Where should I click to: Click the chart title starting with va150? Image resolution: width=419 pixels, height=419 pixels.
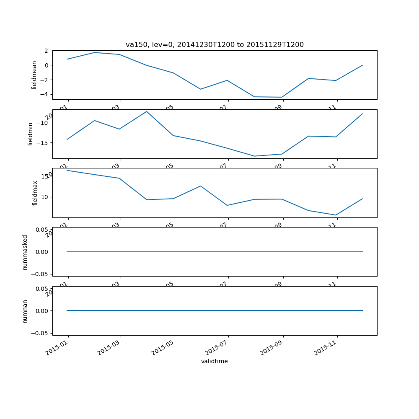(x=215, y=45)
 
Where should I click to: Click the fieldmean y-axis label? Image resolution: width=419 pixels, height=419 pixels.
(x=34, y=75)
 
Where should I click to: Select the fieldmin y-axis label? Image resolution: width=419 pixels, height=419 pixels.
(x=31, y=134)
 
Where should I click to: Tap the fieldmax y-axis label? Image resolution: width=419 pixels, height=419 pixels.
(x=35, y=193)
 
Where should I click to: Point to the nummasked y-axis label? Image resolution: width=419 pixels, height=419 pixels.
(x=25, y=252)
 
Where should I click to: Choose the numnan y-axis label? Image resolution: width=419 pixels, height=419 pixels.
(x=25, y=311)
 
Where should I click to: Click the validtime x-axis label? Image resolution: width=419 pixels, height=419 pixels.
(x=215, y=361)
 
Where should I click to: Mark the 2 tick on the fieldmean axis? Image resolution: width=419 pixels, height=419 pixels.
(x=46, y=51)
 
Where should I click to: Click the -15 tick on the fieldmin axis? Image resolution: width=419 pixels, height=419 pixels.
(x=42, y=142)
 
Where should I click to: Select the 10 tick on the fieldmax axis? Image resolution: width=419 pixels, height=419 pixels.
(x=44, y=197)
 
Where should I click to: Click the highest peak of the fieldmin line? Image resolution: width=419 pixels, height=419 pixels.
(x=147, y=111)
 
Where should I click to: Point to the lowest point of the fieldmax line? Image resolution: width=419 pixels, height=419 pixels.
(x=336, y=215)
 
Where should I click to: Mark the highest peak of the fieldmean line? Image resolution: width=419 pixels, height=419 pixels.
(x=95, y=52)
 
